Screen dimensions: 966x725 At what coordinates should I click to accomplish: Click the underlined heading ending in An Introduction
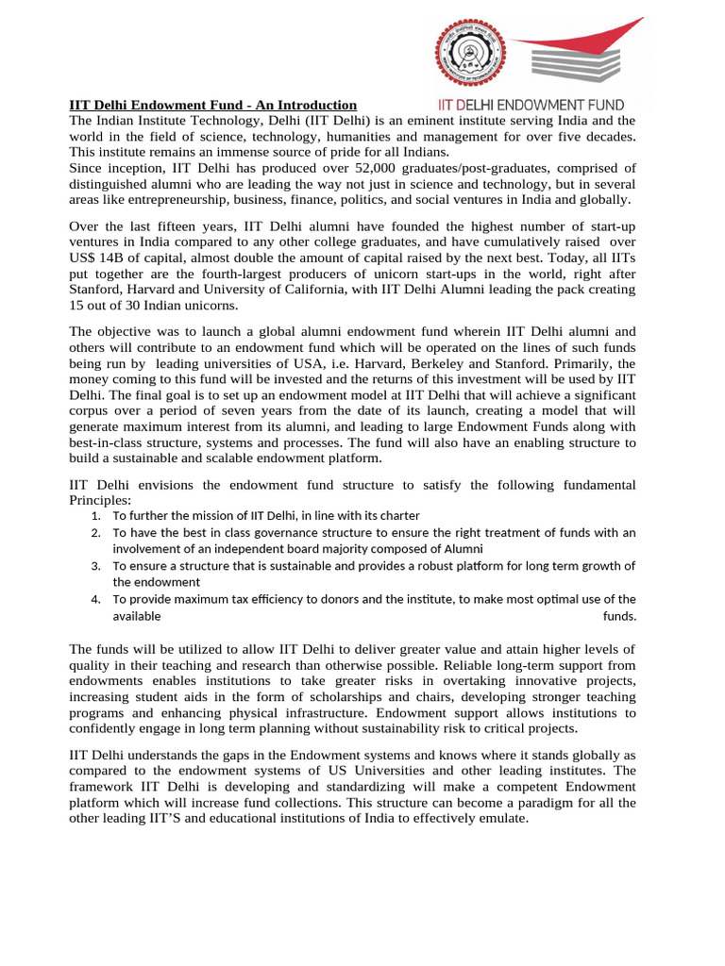213,105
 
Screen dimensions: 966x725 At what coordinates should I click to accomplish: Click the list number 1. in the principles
96,516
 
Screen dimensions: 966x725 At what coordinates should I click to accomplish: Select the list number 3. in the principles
96,566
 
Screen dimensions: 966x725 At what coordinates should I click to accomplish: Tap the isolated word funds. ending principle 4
619,616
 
